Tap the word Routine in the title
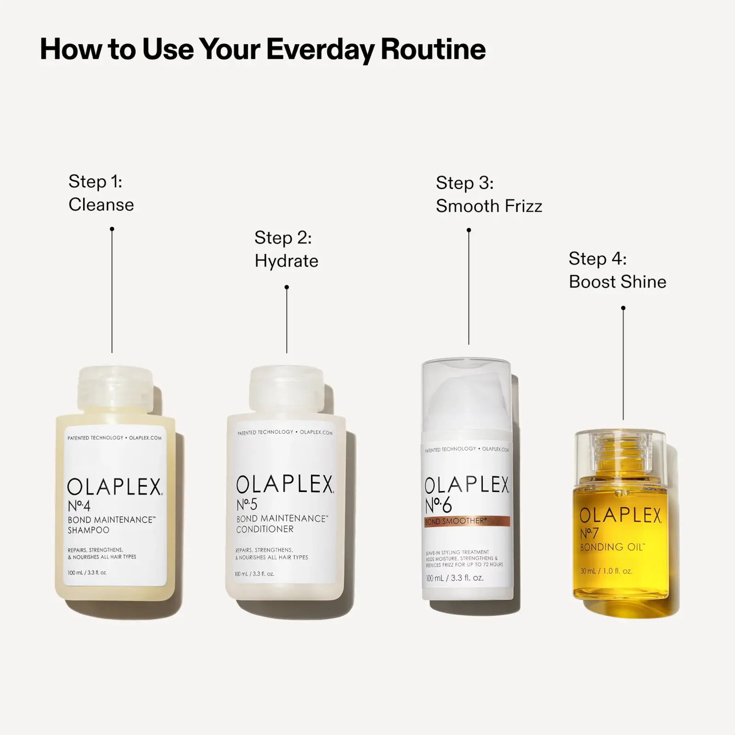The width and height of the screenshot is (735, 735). tap(433, 49)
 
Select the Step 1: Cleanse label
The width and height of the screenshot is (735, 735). tap(101, 193)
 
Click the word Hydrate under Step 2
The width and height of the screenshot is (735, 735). tap(286, 261)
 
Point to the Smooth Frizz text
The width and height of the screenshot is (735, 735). tap(489, 206)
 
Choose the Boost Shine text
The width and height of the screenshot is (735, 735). tap(617, 282)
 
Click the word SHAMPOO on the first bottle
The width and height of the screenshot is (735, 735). tap(88, 530)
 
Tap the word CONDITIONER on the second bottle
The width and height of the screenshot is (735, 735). tap(265, 529)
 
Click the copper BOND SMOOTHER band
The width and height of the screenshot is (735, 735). tap(467, 521)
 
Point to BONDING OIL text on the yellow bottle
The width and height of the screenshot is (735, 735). tap(612, 547)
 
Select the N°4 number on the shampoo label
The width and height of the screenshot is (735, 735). tap(79, 506)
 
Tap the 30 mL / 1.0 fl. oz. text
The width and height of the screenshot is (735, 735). tap(606, 571)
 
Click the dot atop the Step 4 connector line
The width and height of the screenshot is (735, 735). tap(623, 308)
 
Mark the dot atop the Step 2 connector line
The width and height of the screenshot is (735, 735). tap(287, 287)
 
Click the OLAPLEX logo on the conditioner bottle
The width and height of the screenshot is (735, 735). tap(285, 484)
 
